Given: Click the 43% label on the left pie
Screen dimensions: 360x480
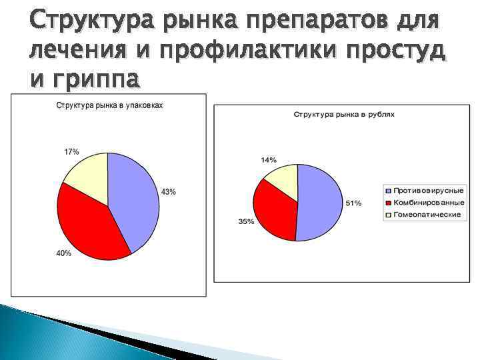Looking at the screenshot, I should coord(169,192).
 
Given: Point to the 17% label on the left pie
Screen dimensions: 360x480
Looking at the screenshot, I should coord(71,152).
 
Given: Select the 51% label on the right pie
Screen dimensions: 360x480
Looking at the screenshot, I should coord(353,203).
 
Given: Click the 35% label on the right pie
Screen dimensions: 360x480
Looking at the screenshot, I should coord(246,221).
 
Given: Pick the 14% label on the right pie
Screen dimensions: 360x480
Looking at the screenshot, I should coord(269,160).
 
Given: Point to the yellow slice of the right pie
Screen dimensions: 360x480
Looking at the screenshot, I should coord(284,179).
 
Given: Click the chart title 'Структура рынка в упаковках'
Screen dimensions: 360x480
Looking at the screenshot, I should coord(109,106).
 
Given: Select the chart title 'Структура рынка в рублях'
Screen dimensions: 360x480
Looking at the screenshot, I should coord(344,115).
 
